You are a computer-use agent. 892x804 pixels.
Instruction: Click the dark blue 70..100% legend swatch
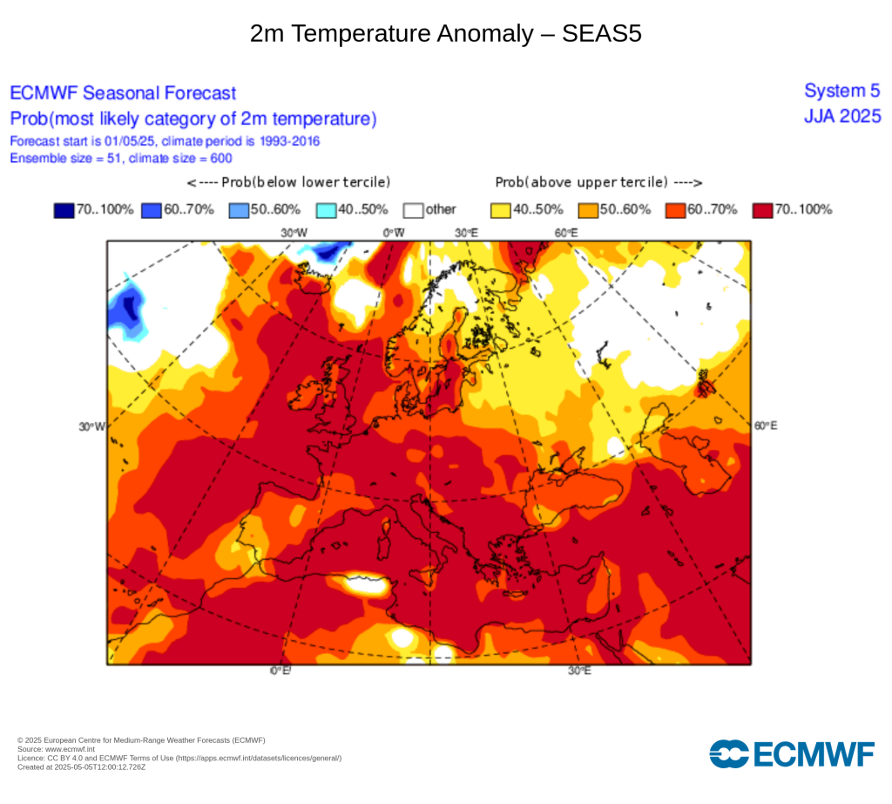pyautogui.click(x=64, y=210)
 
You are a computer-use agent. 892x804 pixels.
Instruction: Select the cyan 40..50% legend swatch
pyautogui.click(x=326, y=210)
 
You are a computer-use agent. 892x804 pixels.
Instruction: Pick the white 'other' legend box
pyautogui.click(x=413, y=210)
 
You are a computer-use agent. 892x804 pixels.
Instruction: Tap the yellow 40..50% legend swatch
pyautogui.click(x=500, y=210)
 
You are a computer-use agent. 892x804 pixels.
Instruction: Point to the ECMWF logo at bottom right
pyautogui.click(x=792, y=753)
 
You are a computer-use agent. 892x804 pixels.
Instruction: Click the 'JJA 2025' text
pyautogui.click(x=842, y=116)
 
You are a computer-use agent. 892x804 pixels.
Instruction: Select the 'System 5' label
pyautogui.click(x=842, y=91)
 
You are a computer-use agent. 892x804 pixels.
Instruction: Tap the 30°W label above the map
pyautogui.click(x=294, y=233)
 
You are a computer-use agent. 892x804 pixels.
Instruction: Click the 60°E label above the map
pyautogui.click(x=567, y=233)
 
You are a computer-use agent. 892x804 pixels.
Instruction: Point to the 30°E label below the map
pyautogui.click(x=579, y=671)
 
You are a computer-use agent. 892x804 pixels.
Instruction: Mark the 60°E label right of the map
pyautogui.click(x=766, y=426)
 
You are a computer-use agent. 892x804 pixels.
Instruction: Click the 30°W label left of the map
pyautogui.click(x=92, y=426)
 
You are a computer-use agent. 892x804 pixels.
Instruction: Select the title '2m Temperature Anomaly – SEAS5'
pyautogui.click(x=445, y=34)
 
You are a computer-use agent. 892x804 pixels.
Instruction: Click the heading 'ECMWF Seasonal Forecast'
pyautogui.click(x=123, y=93)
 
